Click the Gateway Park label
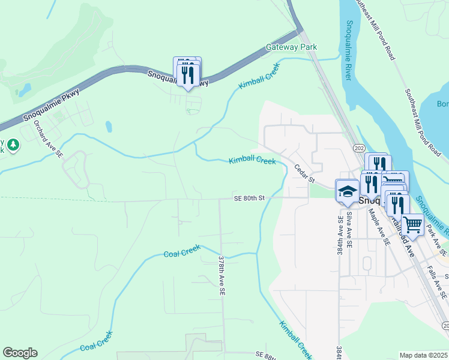click(x=291, y=47)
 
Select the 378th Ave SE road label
click(x=221, y=275)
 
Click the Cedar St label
click(x=304, y=174)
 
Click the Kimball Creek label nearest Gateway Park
click(x=259, y=77)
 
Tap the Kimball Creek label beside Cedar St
click(x=252, y=161)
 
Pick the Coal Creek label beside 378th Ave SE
click(x=182, y=253)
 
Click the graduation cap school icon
click(x=347, y=191)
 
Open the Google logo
click(x=20, y=353)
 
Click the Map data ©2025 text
click(x=424, y=355)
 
